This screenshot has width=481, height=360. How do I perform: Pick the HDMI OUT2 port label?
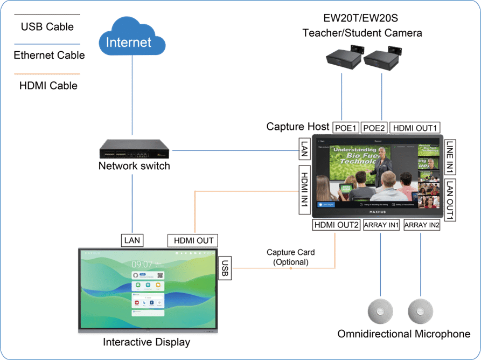point(336,225)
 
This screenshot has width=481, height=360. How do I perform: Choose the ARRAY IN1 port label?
point(381,225)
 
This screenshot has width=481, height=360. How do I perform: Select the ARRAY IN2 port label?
point(422,225)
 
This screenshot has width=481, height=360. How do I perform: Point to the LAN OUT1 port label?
point(450,198)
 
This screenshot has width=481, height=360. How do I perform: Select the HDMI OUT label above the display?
point(193,240)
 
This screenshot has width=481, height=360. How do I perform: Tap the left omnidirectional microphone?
point(381,311)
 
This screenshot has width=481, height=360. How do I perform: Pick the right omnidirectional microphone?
point(421,311)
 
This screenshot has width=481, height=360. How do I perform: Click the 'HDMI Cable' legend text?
point(48,86)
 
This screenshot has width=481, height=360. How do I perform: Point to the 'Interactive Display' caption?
point(147,342)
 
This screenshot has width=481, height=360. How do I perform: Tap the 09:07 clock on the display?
point(142,264)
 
